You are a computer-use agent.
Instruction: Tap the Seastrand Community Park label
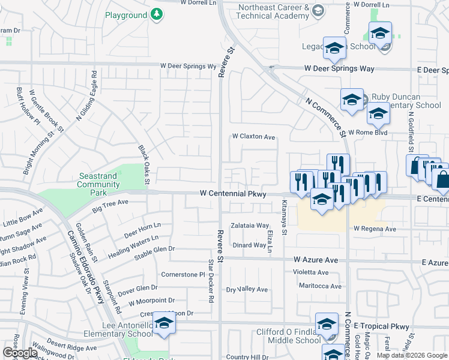(98, 185)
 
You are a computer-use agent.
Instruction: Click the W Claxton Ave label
(254, 137)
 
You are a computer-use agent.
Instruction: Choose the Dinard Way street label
(249, 245)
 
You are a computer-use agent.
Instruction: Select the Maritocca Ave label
(320, 286)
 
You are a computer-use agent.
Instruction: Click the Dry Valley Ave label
(246, 289)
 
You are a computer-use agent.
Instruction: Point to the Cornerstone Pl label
(184, 274)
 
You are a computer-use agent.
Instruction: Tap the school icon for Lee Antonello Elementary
(162, 323)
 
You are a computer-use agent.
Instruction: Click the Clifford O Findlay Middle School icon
(326, 324)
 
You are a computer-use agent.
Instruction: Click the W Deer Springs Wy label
(188, 67)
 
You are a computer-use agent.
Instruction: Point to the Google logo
(20, 353)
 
